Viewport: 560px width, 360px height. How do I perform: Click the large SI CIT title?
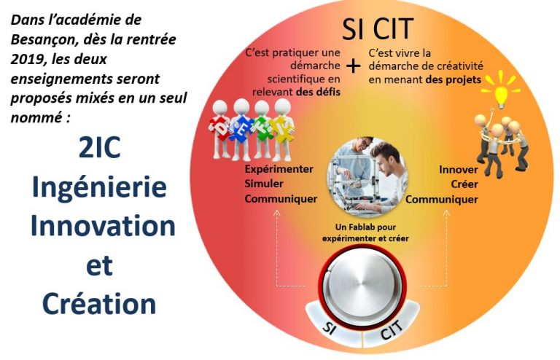click(x=378, y=28)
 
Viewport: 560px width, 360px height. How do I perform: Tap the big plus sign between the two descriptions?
click(x=353, y=66)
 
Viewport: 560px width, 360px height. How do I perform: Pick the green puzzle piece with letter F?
click(x=262, y=128)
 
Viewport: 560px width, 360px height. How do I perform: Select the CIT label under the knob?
click(x=392, y=329)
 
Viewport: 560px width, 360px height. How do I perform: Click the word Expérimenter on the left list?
click(x=279, y=169)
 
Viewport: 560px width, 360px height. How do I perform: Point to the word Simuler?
click(x=264, y=184)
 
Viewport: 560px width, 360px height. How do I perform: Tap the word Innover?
click(x=459, y=170)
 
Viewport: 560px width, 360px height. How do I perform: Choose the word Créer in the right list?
click(x=464, y=184)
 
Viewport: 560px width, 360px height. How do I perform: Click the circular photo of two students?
click(x=367, y=176)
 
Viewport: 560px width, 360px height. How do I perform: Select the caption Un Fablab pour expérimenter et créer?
click(x=365, y=232)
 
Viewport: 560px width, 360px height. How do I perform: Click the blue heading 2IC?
click(x=99, y=147)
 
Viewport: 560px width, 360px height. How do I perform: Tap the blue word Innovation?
click(x=103, y=226)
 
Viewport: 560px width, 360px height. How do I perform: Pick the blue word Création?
click(x=99, y=303)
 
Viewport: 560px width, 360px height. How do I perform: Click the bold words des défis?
click(x=318, y=92)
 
